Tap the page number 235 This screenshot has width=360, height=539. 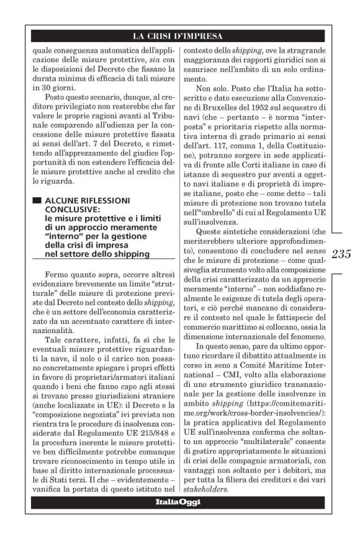tap(342, 254)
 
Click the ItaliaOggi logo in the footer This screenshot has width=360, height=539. tap(177, 501)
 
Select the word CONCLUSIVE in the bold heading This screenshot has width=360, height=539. tap(70, 210)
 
